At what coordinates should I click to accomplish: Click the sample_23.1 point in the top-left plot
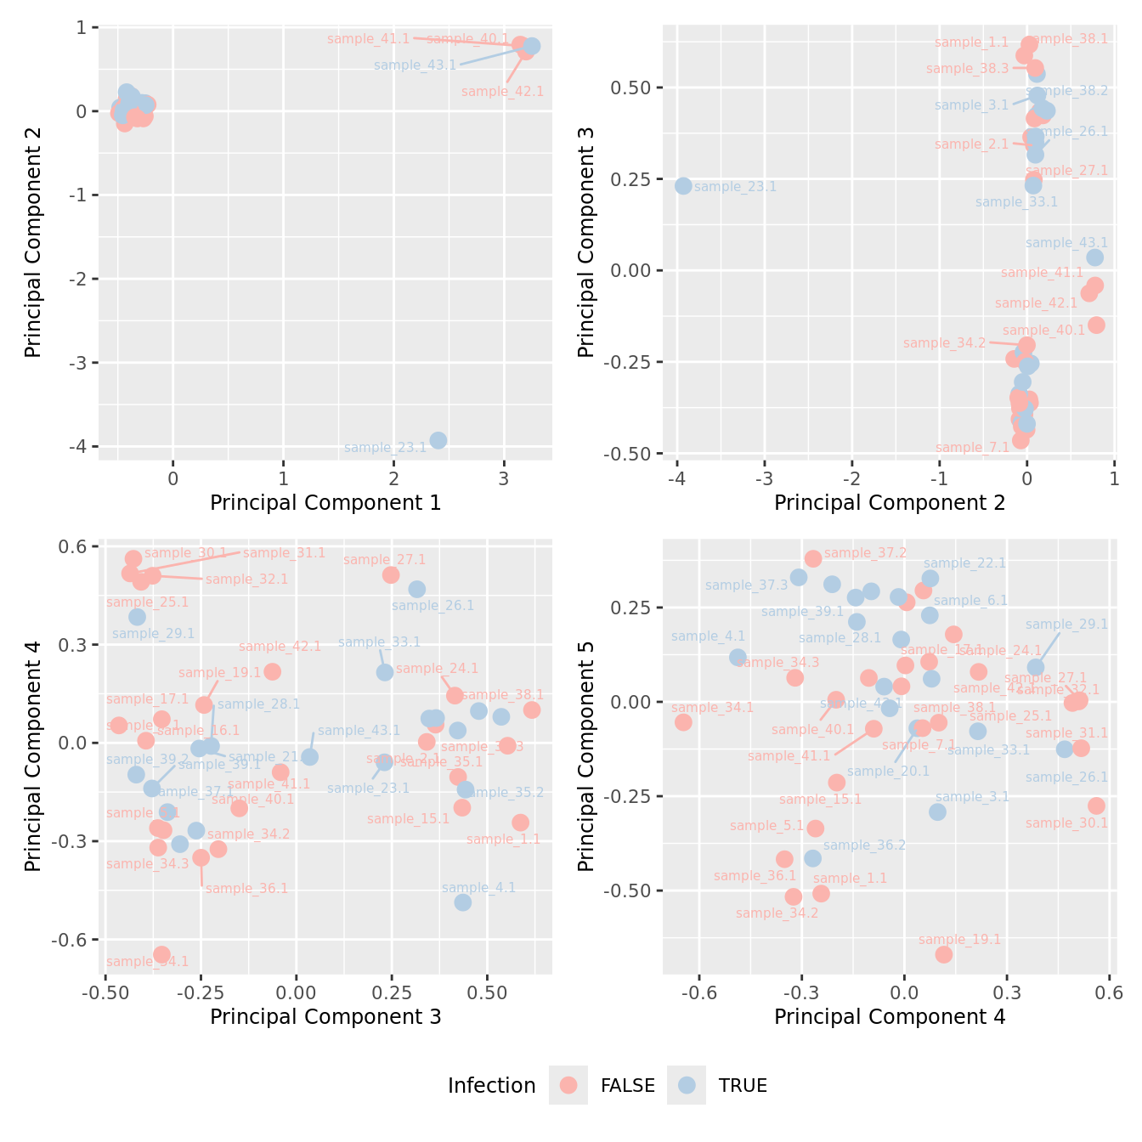(x=438, y=440)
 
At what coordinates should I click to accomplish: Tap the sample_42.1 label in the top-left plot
(x=502, y=92)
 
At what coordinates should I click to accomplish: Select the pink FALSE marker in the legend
(x=568, y=1085)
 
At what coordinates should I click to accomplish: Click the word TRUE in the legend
(x=743, y=1086)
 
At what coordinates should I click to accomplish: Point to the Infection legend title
(x=491, y=1086)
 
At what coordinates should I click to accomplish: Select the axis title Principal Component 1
(x=325, y=503)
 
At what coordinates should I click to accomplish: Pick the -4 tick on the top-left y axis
(x=82, y=447)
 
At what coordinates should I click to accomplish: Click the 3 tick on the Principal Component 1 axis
(x=504, y=478)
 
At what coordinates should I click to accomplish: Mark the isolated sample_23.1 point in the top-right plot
(x=683, y=186)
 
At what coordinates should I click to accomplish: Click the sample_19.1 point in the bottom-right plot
(x=943, y=954)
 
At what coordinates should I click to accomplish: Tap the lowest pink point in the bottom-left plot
(x=161, y=955)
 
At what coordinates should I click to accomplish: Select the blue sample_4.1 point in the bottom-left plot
(x=462, y=902)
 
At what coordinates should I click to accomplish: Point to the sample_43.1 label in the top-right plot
(x=1066, y=243)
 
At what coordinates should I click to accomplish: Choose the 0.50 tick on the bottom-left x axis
(x=486, y=992)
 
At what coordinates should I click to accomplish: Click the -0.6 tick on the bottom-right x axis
(x=700, y=992)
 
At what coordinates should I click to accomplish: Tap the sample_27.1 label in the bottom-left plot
(x=384, y=560)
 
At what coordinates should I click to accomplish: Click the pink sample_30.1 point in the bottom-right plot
(x=1096, y=806)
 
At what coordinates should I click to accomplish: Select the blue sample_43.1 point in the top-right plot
(x=1094, y=257)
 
